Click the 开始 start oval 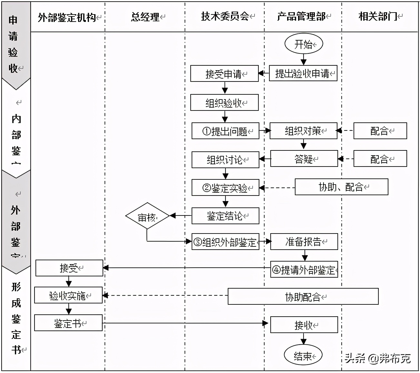coord(304,44)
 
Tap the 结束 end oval coord(303,355)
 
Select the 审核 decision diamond coord(147,216)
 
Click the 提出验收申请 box coord(303,73)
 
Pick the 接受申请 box coord(224,74)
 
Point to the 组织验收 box coord(224,102)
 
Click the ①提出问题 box coord(225,131)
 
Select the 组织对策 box coord(303,131)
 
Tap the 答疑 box coord(304,158)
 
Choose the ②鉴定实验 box coord(225,187)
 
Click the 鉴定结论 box coord(225,216)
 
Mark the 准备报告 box coord(304,242)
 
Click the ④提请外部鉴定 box coord(304,269)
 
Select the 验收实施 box coord(68,295)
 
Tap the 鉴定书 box coord(68,323)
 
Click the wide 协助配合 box coord(303,296)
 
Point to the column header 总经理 coord(145,17)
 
